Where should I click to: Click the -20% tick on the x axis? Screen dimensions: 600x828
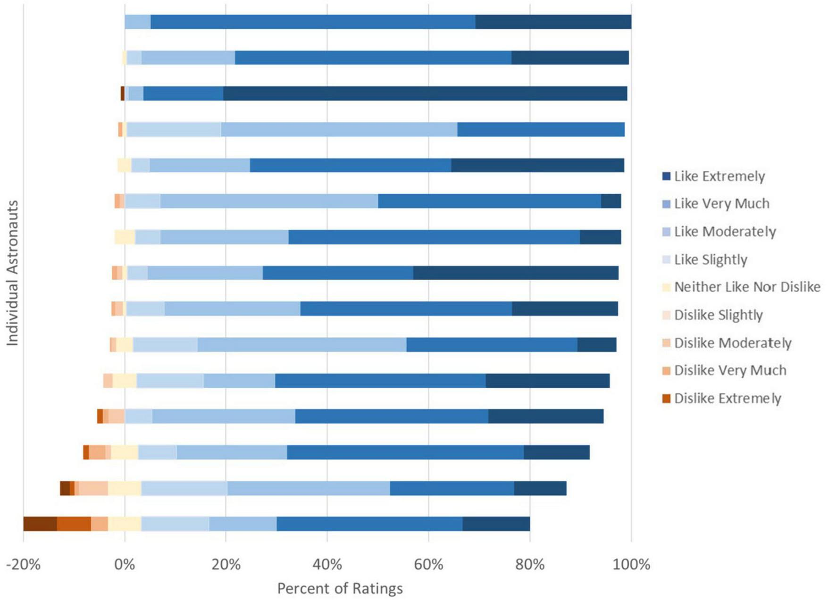point(23,564)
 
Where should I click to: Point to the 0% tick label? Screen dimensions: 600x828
point(125,564)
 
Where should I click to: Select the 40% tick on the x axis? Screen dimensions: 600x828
point(327,564)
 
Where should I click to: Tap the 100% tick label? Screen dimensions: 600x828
point(631,564)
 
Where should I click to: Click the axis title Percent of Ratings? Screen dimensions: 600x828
point(340,588)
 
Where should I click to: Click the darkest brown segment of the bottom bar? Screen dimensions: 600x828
point(40,524)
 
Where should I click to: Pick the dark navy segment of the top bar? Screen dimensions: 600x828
point(553,22)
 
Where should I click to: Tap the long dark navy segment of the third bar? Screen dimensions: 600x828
point(425,93)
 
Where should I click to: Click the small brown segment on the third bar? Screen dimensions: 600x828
point(123,93)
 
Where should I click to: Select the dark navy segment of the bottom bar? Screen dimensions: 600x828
point(496,524)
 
